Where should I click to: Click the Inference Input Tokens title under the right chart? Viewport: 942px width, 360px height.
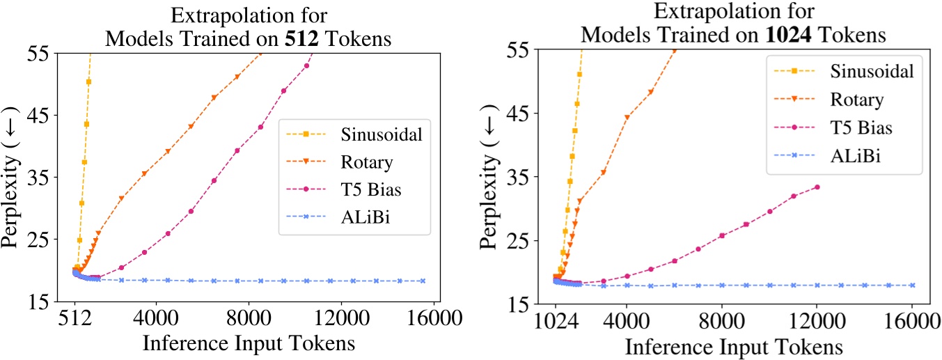735,346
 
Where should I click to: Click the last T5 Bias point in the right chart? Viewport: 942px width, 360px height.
817,187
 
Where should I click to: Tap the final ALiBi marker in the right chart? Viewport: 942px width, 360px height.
912,285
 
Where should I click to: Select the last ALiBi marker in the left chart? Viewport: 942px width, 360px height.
423,281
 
